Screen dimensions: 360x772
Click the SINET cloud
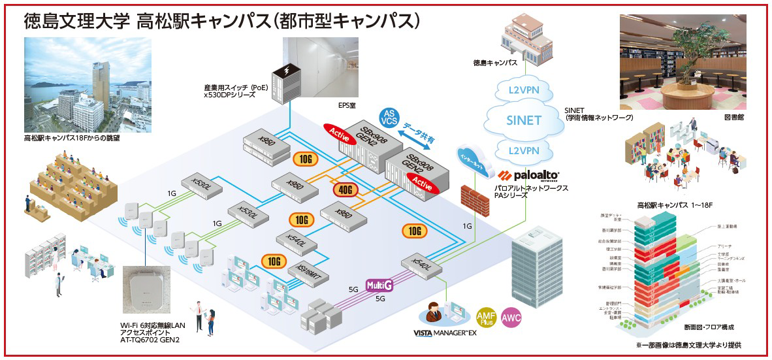coord(524,120)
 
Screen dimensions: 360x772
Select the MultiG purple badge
coord(379,285)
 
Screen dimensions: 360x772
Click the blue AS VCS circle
coord(389,117)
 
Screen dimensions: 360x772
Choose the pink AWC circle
coord(511,318)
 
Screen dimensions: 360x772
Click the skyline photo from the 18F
coord(88,85)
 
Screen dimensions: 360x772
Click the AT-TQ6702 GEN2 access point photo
coord(152,289)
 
